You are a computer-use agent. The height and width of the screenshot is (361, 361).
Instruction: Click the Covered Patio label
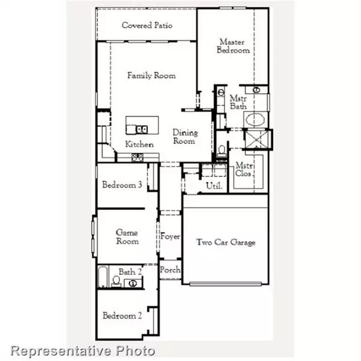click(x=147, y=25)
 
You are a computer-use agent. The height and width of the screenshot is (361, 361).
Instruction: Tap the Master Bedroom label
click(x=233, y=46)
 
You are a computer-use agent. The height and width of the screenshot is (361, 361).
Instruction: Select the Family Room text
click(x=151, y=76)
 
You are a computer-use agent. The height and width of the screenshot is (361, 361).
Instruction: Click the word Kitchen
click(x=139, y=144)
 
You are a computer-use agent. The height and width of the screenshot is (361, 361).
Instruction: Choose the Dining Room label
click(x=184, y=137)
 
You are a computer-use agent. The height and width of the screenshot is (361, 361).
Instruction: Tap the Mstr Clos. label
click(x=244, y=170)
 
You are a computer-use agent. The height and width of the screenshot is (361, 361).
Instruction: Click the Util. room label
click(x=214, y=186)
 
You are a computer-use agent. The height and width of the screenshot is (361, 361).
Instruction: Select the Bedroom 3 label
click(x=122, y=185)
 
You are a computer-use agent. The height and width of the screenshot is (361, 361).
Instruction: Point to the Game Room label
click(x=127, y=237)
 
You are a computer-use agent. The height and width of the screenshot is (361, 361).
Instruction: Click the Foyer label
click(x=170, y=237)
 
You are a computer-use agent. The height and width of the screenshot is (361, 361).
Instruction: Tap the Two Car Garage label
click(x=226, y=242)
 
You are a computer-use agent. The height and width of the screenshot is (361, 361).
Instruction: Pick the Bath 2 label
click(x=129, y=272)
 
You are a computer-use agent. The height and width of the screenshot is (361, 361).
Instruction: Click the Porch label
click(x=170, y=271)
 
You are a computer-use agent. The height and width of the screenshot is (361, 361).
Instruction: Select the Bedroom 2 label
click(x=122, y=316)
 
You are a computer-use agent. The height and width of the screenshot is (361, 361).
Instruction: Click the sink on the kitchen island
click(x=143, y=128)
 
